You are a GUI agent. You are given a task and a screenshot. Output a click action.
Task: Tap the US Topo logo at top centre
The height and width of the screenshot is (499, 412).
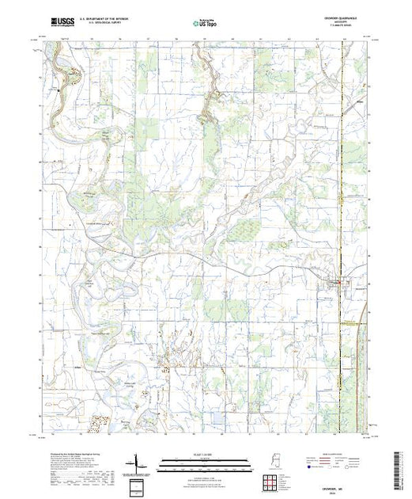point(205,24)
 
